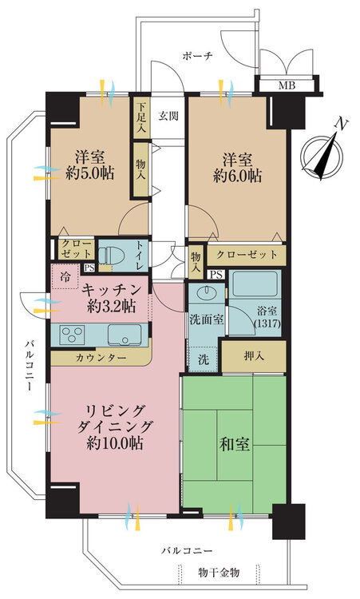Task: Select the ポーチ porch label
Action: pyautogui.click(x=196, y=56)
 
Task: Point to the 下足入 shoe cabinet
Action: pyautogui.click(x=141, y=114)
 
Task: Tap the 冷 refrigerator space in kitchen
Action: pyautogui.click(x=65, y=276)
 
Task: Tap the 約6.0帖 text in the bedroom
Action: pyautogui.click(x=236, y=177)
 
